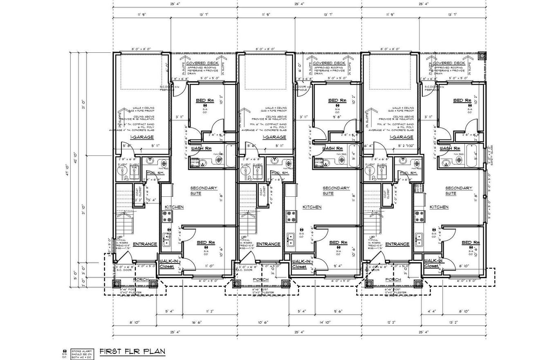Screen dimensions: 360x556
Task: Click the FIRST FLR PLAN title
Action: click(132, 351)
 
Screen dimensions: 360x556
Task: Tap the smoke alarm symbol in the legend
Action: click(64, 351)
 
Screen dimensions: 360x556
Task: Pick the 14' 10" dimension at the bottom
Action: click(325, 322)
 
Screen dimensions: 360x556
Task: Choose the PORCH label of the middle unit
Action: click(260, 280)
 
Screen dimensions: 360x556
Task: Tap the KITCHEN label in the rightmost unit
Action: click(439, 207)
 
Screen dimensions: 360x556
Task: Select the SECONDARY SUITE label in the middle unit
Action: click(336, 191)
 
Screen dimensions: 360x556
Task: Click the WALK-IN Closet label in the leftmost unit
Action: click(167, 263)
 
